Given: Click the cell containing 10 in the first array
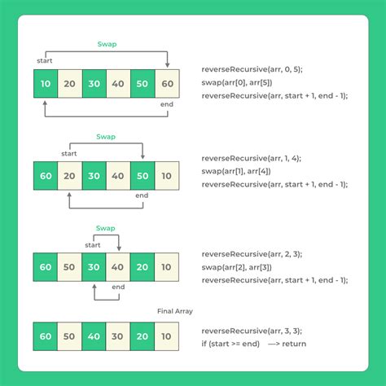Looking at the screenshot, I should (46, 83).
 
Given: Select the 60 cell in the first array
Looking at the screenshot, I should (166, 83).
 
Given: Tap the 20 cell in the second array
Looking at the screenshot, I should (70, 174).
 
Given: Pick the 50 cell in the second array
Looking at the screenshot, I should (143, 174).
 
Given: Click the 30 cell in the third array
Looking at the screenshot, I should (94, 265).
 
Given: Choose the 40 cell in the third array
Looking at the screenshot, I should (118, 265).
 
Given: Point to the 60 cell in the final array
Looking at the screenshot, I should (46, 335).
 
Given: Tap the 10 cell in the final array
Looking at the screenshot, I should (166, 335).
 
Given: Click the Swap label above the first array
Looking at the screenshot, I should (106, 45).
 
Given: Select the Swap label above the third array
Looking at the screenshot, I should (106, 229).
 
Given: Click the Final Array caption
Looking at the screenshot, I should (174, 310).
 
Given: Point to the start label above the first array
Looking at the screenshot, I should (46, 61).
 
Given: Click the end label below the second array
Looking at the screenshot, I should (143, 195).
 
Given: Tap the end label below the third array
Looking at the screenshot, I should (118, 287).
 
